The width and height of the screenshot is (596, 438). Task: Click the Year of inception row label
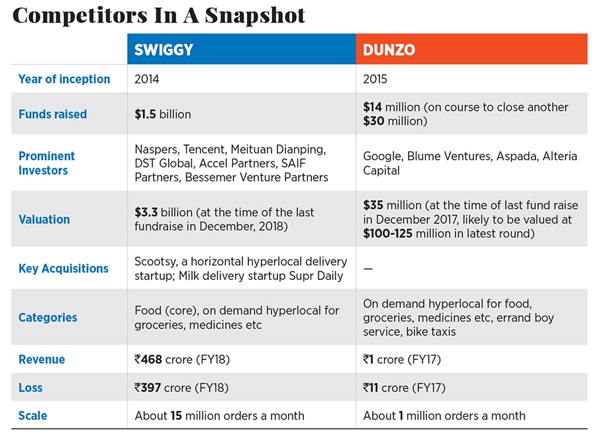64,79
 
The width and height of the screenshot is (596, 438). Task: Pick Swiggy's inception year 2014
147,79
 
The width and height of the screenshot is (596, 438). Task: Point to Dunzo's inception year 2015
376,79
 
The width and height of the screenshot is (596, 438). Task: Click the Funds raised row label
52,114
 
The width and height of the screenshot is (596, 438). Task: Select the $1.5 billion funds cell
162,114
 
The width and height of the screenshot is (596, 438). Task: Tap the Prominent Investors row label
46,163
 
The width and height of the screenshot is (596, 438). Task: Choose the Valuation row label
44,220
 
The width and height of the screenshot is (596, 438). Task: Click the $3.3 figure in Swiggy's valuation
146,212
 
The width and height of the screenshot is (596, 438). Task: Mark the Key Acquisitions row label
63,269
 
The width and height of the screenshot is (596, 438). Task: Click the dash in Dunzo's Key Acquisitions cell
368,269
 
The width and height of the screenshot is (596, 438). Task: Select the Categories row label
48,318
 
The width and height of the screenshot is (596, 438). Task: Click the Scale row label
32,416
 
